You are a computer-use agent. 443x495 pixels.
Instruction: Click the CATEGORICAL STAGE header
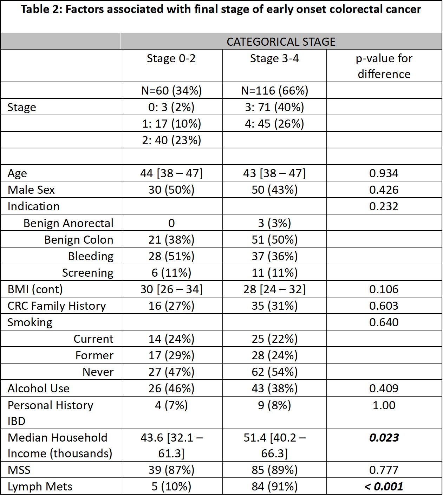click(281, 42)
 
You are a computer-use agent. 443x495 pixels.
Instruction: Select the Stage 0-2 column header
click(171, 58)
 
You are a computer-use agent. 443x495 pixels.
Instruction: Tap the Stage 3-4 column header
click(274, 58)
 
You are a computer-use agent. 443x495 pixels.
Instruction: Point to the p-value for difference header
click(384, 66)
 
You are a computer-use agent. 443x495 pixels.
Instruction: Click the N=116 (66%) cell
click(274, 91)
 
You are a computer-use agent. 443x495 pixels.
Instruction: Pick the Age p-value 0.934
click(384, 173)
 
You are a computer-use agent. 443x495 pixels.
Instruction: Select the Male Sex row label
click(31, 190)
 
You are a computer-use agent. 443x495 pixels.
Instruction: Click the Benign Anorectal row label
click(69, 223)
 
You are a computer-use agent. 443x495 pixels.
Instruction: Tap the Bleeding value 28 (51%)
click(171, 256)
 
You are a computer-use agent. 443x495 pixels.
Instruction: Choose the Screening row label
click(88, 273)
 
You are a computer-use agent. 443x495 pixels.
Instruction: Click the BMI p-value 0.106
click(384, 289)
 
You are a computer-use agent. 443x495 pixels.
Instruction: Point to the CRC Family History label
click(57, 306)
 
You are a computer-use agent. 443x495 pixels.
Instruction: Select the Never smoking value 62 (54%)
click(274, 372)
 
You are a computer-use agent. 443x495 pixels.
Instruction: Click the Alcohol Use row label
click(39, 388)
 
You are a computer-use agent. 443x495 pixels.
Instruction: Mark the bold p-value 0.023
click(384, 438)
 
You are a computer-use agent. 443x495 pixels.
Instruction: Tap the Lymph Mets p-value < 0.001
click(384, 487)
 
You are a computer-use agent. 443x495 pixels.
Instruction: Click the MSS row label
click(19, 470)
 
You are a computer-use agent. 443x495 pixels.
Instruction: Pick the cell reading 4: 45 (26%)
click(274, 124)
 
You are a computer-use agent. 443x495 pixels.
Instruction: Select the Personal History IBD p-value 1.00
click(384, 405)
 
